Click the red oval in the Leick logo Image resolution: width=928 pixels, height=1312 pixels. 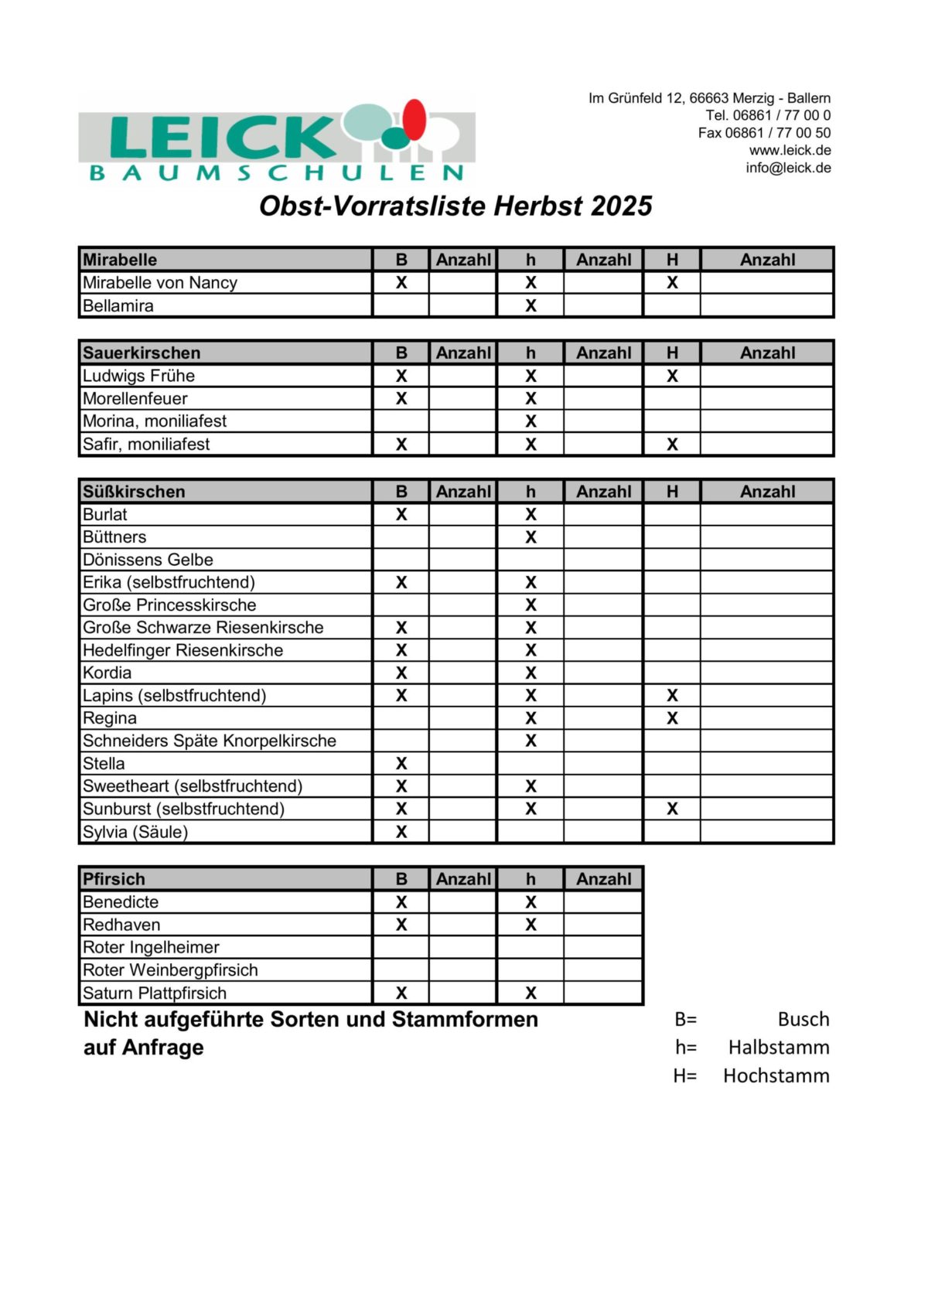(x=415, y=120)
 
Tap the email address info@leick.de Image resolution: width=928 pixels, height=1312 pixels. (x=788, y=168)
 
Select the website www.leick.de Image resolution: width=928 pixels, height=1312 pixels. (x=790, y=150)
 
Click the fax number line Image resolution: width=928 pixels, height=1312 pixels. (x=764, y=133)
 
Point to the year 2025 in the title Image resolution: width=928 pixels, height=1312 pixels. (x=621, y=206)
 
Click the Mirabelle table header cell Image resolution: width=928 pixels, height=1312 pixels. (x=120, y=260)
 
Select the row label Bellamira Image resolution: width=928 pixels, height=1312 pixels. (x=118, y=305)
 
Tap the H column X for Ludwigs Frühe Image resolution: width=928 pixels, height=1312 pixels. (x=672, y=377)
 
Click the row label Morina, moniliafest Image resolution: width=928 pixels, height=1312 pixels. (x=155, y=421)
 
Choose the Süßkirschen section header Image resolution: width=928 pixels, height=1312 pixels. (x=134, y=492)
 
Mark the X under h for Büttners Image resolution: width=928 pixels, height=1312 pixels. (x=531, y=537)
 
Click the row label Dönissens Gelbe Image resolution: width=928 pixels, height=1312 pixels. (x=148, y=560)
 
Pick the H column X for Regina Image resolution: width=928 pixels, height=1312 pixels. (x=672, y=718)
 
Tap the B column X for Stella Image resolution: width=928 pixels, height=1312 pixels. (x=401, y=764)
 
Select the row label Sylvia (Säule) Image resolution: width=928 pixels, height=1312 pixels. (x=135, y=832)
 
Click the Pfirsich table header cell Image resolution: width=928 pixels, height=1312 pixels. (x=114, y=879)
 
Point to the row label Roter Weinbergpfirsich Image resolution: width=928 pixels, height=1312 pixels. (x=170, y=970)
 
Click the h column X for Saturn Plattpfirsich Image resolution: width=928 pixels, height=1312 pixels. (x=531, y=993)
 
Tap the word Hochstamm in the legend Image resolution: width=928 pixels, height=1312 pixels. (x=776, y=1075)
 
